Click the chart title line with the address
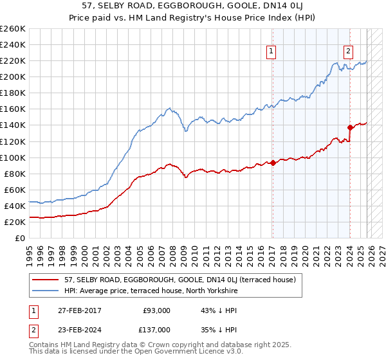(193, 6)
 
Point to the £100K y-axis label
(13, 157)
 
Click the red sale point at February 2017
(272, 163)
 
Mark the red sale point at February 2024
(350, 127)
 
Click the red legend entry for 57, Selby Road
(179, 280)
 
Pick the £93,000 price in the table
(157, 310)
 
